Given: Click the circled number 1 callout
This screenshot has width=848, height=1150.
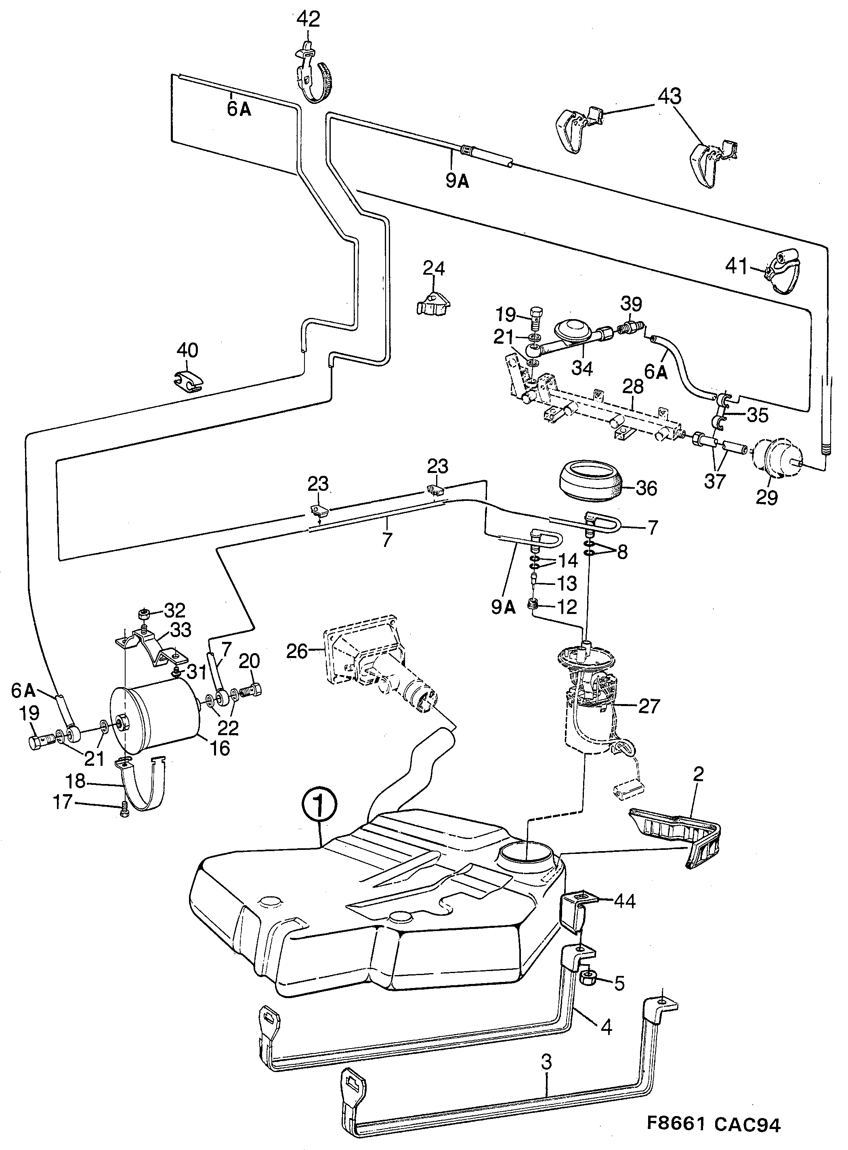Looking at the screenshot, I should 319,809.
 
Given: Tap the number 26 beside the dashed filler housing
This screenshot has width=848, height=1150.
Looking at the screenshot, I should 297,652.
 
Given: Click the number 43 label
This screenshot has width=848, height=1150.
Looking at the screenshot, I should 670,96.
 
